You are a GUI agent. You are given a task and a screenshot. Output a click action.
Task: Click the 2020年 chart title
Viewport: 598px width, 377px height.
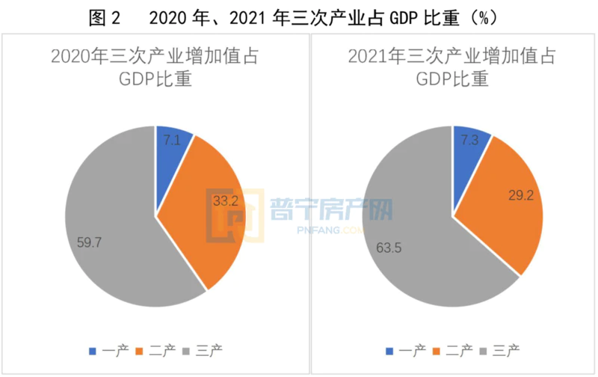(x=155, y=67)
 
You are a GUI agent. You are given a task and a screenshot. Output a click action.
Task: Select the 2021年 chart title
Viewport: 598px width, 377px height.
(x=453, y=67)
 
